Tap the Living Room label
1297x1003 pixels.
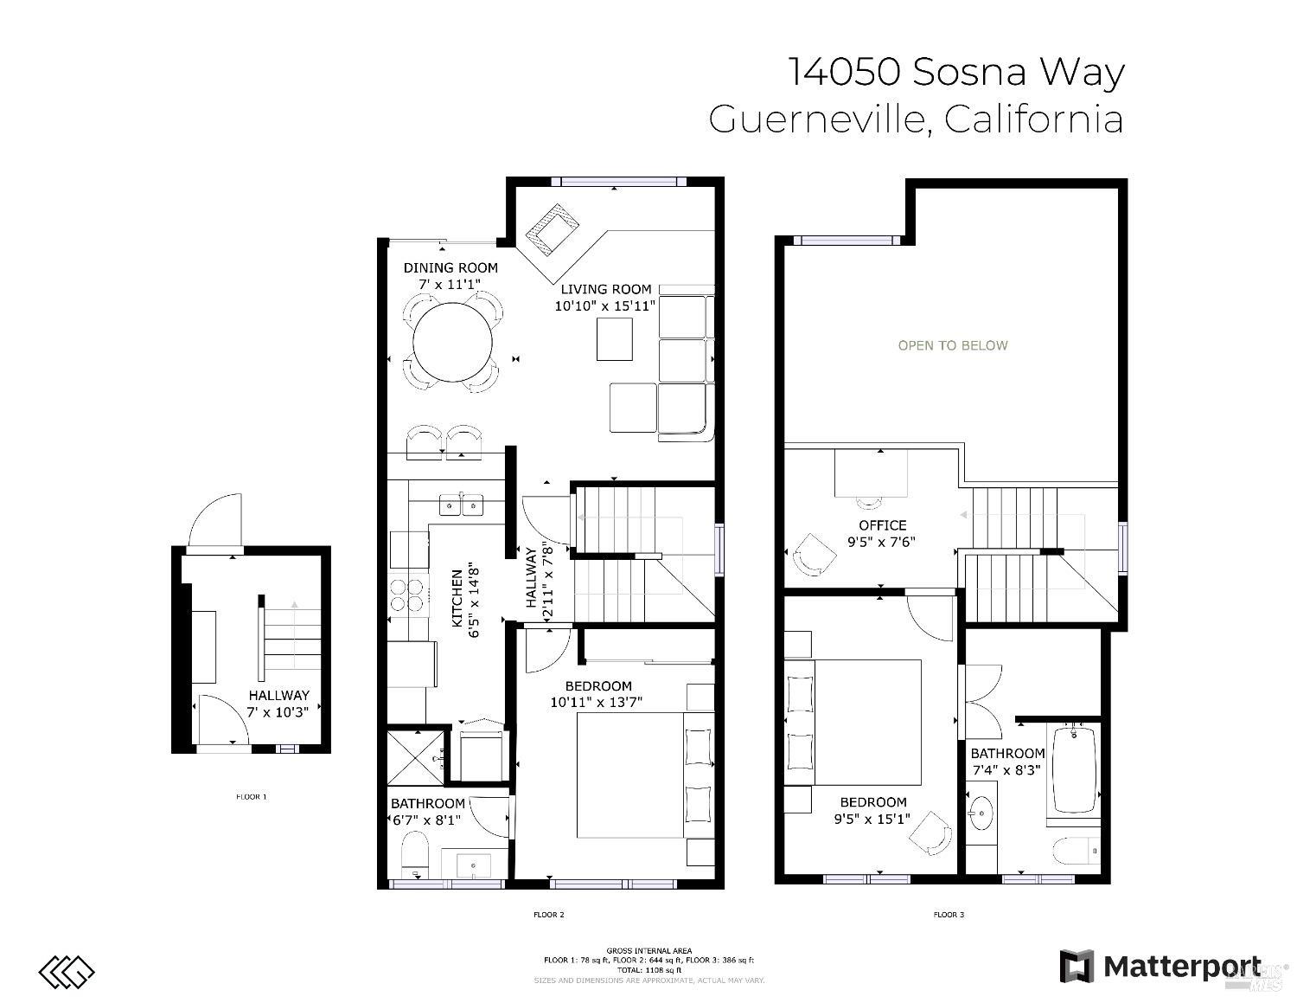coord(605,289)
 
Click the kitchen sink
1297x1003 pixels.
coord(461,504)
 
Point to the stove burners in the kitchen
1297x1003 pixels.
coord(407,594)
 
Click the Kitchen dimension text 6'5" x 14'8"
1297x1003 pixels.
coord(473,601)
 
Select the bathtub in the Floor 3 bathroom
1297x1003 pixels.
coord(1074,769)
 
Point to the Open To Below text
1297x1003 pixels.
coord(953,345)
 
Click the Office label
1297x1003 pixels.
coord(882,525)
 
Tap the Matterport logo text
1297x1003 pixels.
coord(1180,966)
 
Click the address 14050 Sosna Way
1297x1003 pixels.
coord(955,72)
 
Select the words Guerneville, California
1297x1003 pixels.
coord(916,119)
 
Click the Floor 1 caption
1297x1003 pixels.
coord(252,796)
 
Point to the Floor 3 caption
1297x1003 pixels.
coord(949,915)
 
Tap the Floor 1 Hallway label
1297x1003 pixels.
coord(278,695)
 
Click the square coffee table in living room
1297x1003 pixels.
coord(614,339)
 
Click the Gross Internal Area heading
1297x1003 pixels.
coord(648,951)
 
